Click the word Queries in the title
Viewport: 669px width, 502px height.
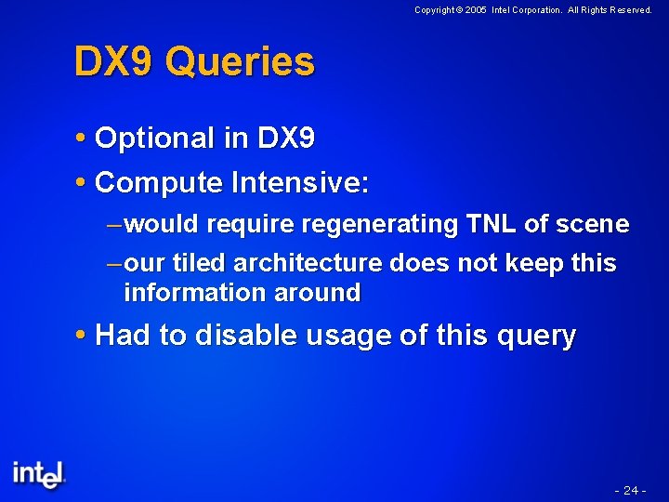(243, 63)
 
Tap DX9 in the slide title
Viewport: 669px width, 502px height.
(115, 62)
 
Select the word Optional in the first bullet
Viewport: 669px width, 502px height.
(155, 139)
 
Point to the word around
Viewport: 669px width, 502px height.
(317, 293)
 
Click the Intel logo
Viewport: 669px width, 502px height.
(39, 473)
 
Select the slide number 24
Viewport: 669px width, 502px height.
(630, 490)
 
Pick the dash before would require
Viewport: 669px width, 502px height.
(113, 225)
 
